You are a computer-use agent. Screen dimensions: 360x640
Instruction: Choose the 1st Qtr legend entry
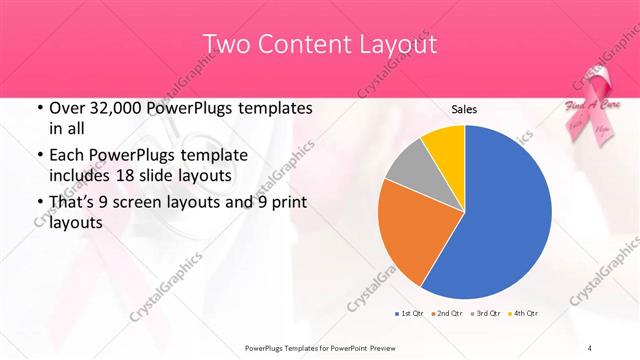click(410, 314)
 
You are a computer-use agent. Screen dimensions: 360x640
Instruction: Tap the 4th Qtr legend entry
click(524, 314)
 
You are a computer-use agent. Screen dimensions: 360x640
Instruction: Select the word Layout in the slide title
click(392, 45)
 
